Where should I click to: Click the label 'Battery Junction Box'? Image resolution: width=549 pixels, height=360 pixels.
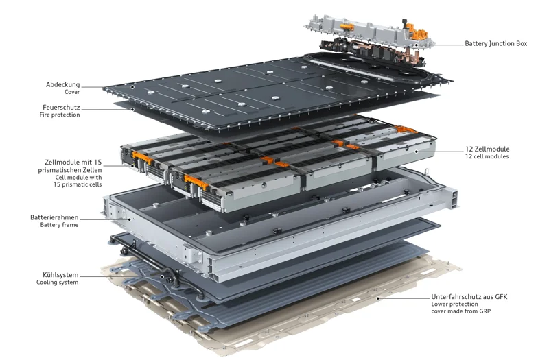click(x=495, y=44)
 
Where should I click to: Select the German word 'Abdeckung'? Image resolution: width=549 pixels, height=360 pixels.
click(x=62, y=85)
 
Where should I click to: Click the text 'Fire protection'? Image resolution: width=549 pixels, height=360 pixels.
click(x=60, y=115)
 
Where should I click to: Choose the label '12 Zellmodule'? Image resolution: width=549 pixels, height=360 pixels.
click(x=487, y=149)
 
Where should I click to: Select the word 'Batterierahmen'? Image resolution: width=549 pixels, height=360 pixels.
click(x=54, y=217)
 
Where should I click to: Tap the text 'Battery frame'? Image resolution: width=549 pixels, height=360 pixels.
click(x=59, y=225)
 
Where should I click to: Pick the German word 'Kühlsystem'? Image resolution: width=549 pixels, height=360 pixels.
click(x=58, y=275)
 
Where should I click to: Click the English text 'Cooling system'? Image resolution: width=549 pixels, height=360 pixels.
click(x=57, y=283)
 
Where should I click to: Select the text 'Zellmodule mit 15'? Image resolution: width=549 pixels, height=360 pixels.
click(x=73, y=163)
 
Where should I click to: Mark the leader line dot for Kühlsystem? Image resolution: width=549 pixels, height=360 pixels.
click(x=162, y=277)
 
